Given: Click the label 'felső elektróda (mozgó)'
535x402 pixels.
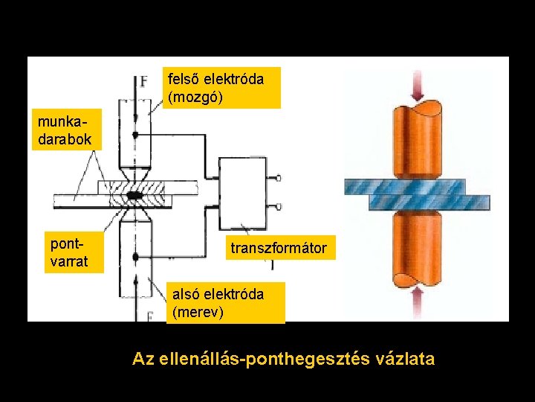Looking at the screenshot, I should pyautogui.click(x=221, y=87).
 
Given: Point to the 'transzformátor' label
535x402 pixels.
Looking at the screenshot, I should pyautogui.click(x=278, y=248).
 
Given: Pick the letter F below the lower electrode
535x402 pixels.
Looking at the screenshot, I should pyautogui.click(x=150, y=316).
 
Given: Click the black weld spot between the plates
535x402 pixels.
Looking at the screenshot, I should pyautogui.click(x=135, y=195).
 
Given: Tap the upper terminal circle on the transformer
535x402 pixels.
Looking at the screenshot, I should pyautogui.click(x=278, y=178).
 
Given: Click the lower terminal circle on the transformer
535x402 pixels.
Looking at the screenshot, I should pyautogui.click(x=278, y=206).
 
